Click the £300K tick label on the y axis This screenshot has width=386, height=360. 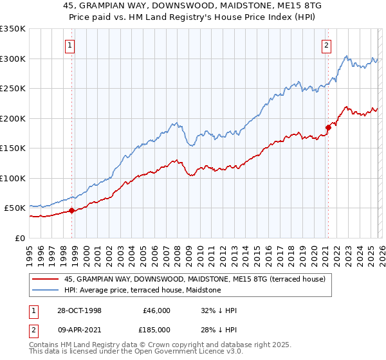(13, 59)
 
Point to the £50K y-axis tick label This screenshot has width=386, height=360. (14, 208)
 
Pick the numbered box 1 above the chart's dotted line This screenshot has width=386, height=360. (69, 45)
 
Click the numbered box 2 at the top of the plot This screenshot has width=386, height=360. (327, 45)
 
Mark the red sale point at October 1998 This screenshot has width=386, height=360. (72, 210)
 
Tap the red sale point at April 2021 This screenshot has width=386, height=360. (327, 127)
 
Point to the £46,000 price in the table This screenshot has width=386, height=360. (156, 310)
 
